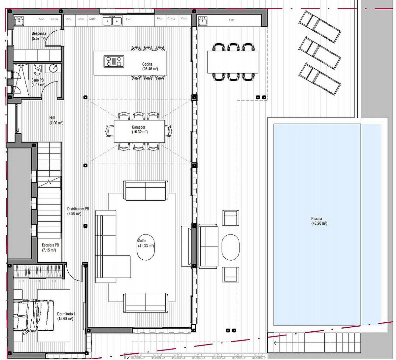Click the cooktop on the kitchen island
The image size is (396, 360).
[114, 61]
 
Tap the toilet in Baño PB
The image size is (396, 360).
[37, 69]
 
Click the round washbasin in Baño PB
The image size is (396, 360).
[54, 68]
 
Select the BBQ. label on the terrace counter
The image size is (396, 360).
[232, 20]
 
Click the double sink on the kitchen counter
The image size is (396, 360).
[112, 21]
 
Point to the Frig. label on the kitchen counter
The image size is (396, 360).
[160, 19]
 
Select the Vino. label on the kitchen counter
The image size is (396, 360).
[184, 19]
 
